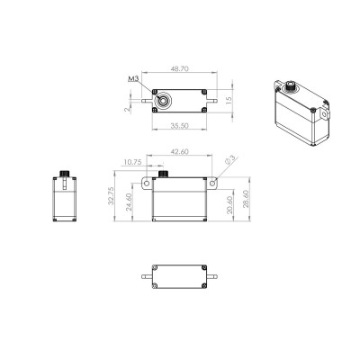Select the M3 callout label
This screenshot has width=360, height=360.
pyautogui.click(x=132, y=79)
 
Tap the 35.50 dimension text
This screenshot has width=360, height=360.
pyautogui.click(x=183, y=126)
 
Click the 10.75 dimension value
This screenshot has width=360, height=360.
pyautogui.click(x=131, y=162)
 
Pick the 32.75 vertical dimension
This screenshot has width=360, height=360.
pyautogui.click(x=110, y=198)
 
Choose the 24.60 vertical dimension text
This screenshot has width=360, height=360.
pyautogui.click(x=128, y=202)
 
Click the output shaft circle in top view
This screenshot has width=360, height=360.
pyautogui.click(x=164, y=98)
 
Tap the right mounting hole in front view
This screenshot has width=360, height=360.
pyautogui.click(x=216, y=183)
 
